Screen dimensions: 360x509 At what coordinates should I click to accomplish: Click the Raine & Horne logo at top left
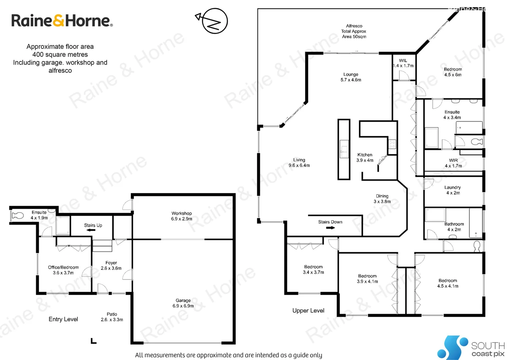62,21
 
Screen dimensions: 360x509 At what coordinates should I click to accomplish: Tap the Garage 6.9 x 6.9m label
183,303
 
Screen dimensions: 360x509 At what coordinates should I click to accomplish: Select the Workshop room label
182,216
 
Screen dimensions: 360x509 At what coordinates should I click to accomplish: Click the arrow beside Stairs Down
330,228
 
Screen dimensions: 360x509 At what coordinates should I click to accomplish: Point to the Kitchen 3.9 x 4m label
365,157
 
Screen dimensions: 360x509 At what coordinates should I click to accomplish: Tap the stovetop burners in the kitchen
392,144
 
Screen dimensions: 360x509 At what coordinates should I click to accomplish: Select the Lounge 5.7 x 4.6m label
351,77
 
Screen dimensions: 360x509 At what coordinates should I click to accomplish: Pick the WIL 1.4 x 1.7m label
403,63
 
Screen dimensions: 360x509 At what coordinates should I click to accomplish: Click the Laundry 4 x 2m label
452,190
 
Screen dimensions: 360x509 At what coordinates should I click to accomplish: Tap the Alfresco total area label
354,31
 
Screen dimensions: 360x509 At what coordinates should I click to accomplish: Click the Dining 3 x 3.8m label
382,199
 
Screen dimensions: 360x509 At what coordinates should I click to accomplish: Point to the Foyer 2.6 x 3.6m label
111,265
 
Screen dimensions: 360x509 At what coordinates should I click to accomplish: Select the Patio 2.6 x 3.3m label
112,317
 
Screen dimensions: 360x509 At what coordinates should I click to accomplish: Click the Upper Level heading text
308,311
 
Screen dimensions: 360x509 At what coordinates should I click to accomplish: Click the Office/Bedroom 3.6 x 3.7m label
63,270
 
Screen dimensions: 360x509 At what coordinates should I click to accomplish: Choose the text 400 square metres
60,55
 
